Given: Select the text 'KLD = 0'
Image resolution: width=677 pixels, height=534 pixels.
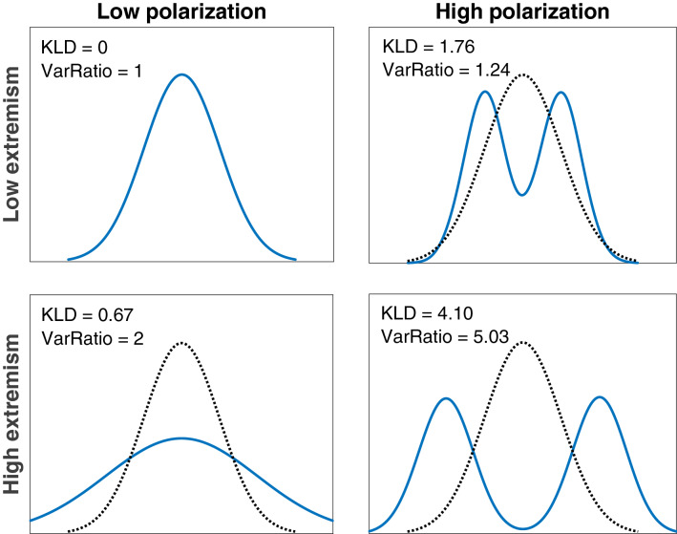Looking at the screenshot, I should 74,47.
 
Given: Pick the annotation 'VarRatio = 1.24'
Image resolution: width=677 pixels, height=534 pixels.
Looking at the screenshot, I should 444,69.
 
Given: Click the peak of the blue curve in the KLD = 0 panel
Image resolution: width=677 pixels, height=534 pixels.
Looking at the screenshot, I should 181,75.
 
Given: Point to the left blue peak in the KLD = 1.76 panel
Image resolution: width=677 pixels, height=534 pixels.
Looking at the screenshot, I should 486,92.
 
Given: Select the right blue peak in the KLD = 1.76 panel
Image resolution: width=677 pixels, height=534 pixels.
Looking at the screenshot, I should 560,93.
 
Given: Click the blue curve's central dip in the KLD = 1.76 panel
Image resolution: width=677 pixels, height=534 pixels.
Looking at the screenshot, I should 522,195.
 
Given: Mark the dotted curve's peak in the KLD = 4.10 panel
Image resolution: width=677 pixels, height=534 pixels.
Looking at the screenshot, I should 522,340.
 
